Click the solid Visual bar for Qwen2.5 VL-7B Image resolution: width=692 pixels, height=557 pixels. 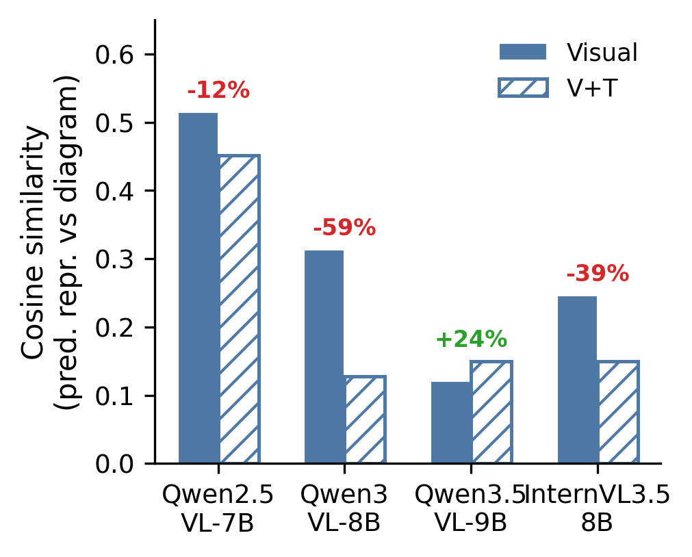pos(198,287)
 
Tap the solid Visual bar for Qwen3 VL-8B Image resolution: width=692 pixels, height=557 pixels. pos(324,357)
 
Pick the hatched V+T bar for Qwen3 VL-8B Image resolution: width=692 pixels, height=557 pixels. pos(365,419)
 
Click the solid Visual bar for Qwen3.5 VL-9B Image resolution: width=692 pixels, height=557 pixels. pos(451,422)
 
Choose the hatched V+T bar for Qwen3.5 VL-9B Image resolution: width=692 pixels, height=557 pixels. pos(491,412)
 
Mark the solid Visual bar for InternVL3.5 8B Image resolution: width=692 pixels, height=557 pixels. pos(577,380)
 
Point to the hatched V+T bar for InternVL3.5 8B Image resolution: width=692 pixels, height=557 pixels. pos(618,412)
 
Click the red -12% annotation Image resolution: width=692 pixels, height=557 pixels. pos(218,90)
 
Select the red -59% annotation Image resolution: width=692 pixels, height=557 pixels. pos(344,228)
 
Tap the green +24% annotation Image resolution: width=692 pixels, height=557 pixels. pos(471,339)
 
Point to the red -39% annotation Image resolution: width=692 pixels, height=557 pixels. pos(598,274)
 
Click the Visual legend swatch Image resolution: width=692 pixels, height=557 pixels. pos(523,52)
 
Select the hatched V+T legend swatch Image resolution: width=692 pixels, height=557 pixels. pos(523,88)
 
